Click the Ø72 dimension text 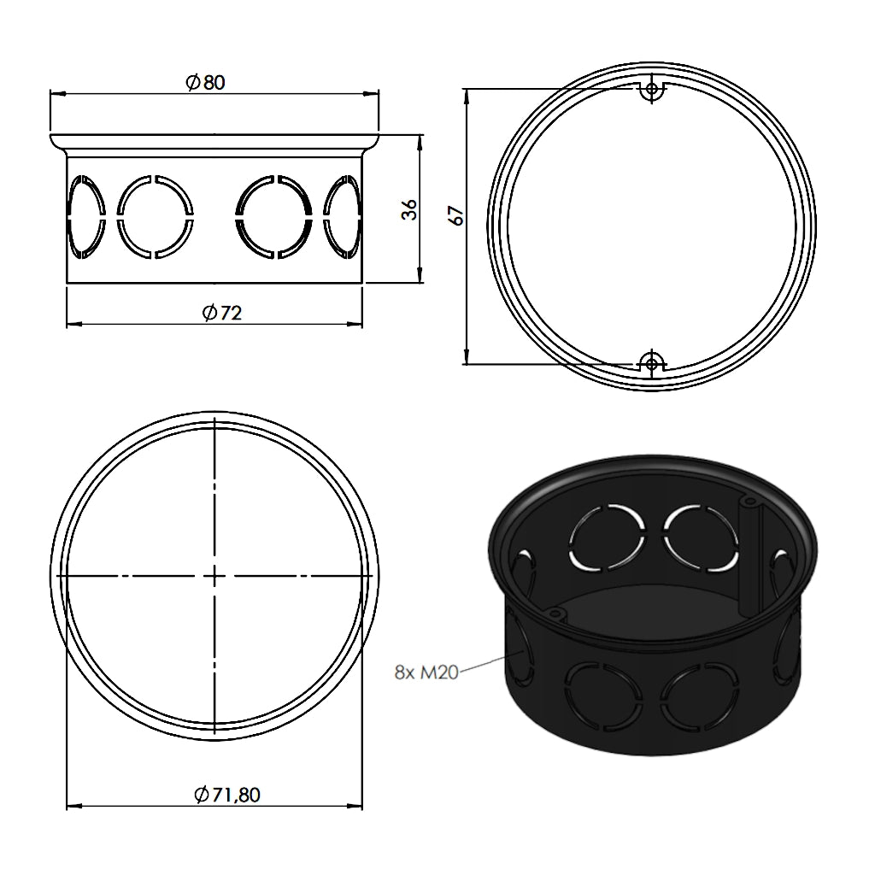(222, 313)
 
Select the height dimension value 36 (410, 208)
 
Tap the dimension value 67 (458, 215)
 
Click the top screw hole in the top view (653, 89)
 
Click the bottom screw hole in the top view (652, 364)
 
